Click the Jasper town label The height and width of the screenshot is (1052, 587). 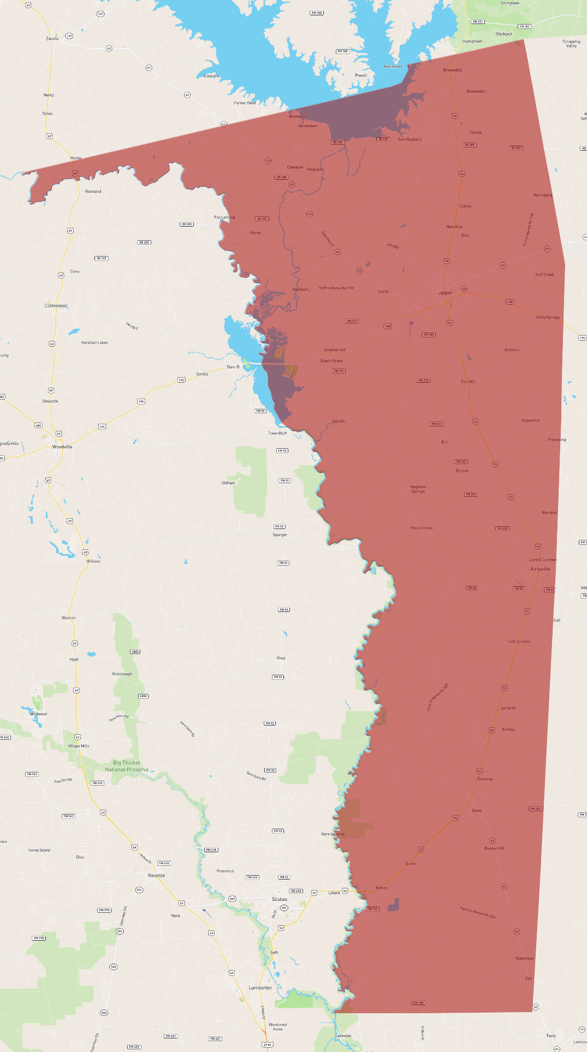pyautogui.click(x=445, y=293)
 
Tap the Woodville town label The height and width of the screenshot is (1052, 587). pyautogui.click(x=62, y=447)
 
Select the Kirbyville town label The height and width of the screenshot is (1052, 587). pyautogui.click(x=540, y=569)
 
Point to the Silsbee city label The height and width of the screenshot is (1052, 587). pyautogui.click(x=280, y=899)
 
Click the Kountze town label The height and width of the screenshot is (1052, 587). pyautogui.click(x=157, y=875)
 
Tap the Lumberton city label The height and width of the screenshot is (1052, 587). pyautogui.click(x=260, y=988)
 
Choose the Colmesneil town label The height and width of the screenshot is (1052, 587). pyautogui.click(x=56, y=306)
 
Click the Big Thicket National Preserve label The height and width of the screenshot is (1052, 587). pyautogui.click(x=127, y=766)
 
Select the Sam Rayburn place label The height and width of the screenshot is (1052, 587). pyautogui.click(x=410, y=139)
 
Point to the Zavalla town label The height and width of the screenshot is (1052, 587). pyautogui.click(x=52, y=39)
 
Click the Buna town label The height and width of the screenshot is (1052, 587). pyautogui.click(x=477, y=810)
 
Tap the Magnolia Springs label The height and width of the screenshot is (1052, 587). pyautogui.click(x=418, y=489)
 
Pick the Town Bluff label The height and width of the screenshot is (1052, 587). pyautogui.click(x=277, y=433)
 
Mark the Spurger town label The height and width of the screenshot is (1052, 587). pyautogui.click(x=280, y=534)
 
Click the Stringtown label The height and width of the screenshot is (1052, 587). pyautogui.click(x=510, y=3)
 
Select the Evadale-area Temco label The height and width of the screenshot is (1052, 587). pyautogui.click(x=381, y=888)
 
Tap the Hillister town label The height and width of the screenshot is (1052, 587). pyautogui.click(x=93, y=561)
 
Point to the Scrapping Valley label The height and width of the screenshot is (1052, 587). pyautogui.click(x=571, y=43)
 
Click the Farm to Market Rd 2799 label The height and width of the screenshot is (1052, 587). pyautogui.click(x=336, y=288)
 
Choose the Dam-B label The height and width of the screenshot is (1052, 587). pyautogui.click(x=233, y=367)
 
